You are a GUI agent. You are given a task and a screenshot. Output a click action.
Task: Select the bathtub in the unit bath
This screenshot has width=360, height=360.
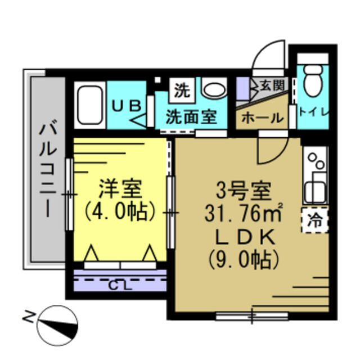coord(89,106)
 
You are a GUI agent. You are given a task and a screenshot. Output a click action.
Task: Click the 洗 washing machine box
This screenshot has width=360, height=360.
coord(181,88)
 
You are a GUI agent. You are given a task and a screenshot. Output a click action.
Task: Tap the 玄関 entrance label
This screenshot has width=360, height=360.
coord(272,85)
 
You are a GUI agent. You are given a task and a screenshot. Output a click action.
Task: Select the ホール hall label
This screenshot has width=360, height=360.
coord(262,118)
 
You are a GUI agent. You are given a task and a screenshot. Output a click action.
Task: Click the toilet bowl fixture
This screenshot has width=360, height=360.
coord(312,83)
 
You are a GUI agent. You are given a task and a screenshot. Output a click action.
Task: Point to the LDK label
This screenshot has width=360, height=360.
coord(245,237)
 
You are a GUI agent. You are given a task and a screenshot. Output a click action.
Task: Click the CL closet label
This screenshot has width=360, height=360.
coord(120,285)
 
